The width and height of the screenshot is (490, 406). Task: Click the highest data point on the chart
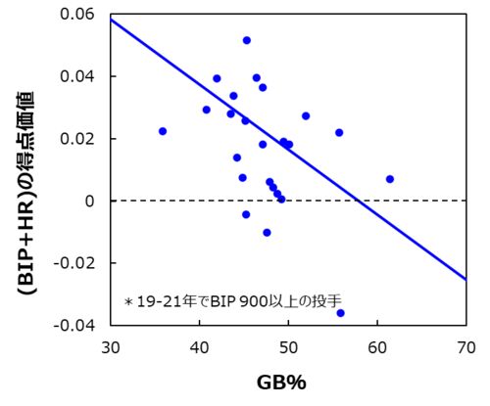(247, 40)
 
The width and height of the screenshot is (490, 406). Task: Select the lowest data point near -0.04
(341, 313)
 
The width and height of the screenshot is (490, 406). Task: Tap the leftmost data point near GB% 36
(163, 131)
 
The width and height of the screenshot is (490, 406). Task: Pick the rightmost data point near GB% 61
(390, 179)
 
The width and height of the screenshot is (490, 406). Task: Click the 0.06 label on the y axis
(73, 14)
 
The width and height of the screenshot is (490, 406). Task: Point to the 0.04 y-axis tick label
(73, 76)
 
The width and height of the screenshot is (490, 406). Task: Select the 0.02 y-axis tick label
(73, 139)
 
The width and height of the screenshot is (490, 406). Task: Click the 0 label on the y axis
(89, 201)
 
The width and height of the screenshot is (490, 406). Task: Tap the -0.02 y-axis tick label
(70, 263)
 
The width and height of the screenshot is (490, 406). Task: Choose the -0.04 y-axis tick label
(70, 325)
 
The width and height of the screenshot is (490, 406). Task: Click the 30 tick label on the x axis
(111, 347)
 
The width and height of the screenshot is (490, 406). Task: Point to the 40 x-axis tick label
(199, 347)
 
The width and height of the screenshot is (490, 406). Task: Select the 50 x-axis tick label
(288, 347)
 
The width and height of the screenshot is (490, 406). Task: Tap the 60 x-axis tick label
(377, 347)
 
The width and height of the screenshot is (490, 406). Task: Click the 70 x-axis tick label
(466, 347)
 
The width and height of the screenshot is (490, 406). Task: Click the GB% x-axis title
(281, 383)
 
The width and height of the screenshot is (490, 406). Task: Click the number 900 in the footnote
(253, 301)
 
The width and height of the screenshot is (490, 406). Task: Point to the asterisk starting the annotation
(128, 301)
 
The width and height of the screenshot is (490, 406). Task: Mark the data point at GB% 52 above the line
(306, 115)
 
